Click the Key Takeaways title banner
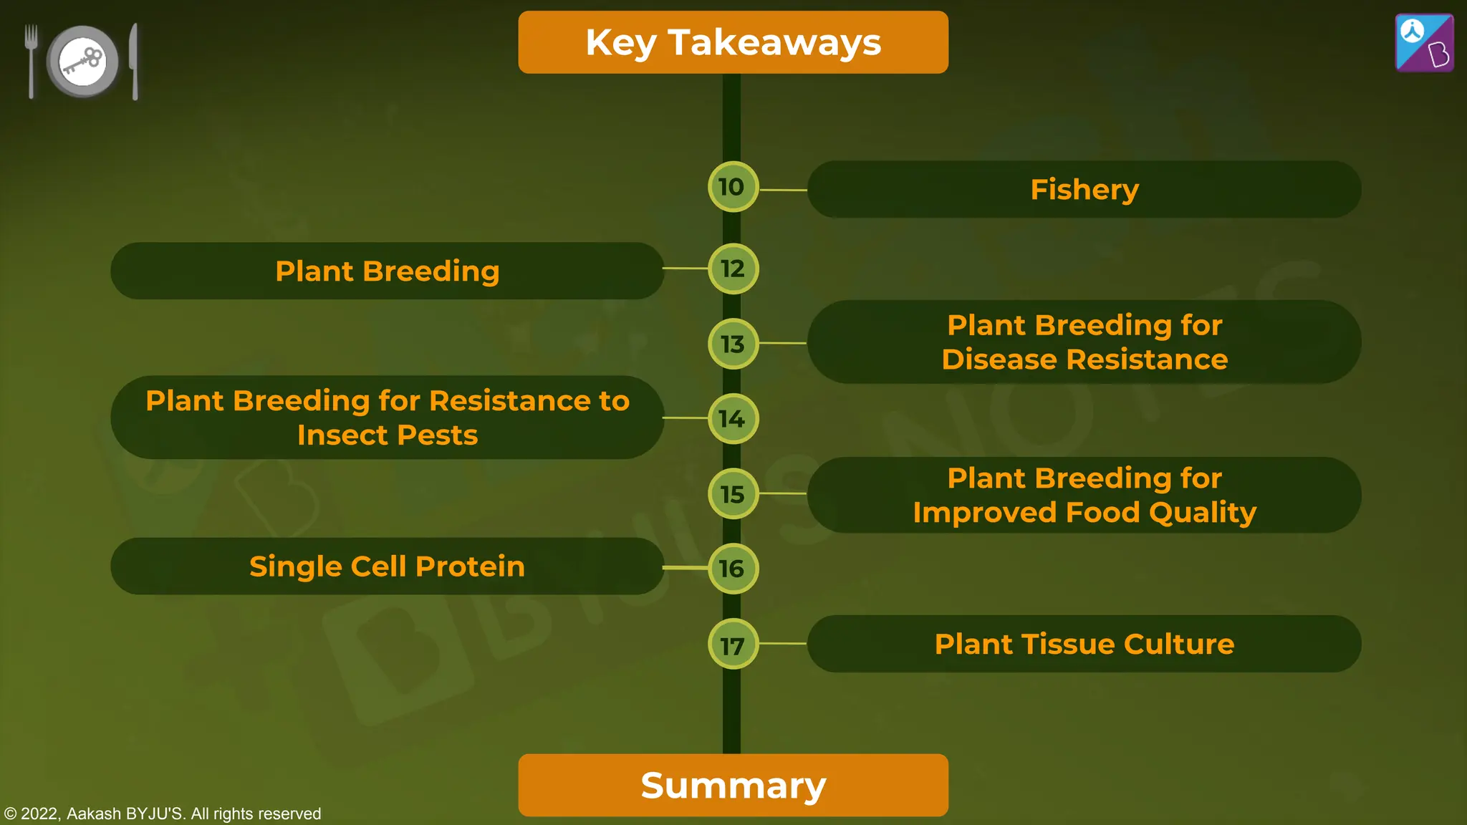pyautogui.click(x=733, y=42)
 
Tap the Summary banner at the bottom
pyautogui.click(x=733, y=785)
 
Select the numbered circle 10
pyautogui.click(x=732, y=187)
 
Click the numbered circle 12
pyautogui.click(x=732, y=269)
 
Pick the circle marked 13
pyautogui.click(x=732, y=344)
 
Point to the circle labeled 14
pyautogui.click(x=732, y=419)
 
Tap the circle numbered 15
pyautogui.click(x=732, y=494)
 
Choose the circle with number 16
pyautogui.click(x=732, y=569)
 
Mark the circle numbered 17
pyautogui.click(x=732, y=645)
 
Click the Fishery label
pyautogui.click(x=1084, y=190)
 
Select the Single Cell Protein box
pyautogui.click(x=387, y=566)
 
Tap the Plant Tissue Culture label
pyautogui.click(x=1084, y=644)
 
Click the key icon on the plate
pyautogui.click(x=83, y=62)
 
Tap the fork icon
pyautogui.click(x=31, y=60)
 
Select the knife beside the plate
pyautogui.click(x=134, y=62)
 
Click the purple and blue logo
pyautogui.click(x=1424, y=43)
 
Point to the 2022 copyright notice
pyautogui.click(x=163, y=814)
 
